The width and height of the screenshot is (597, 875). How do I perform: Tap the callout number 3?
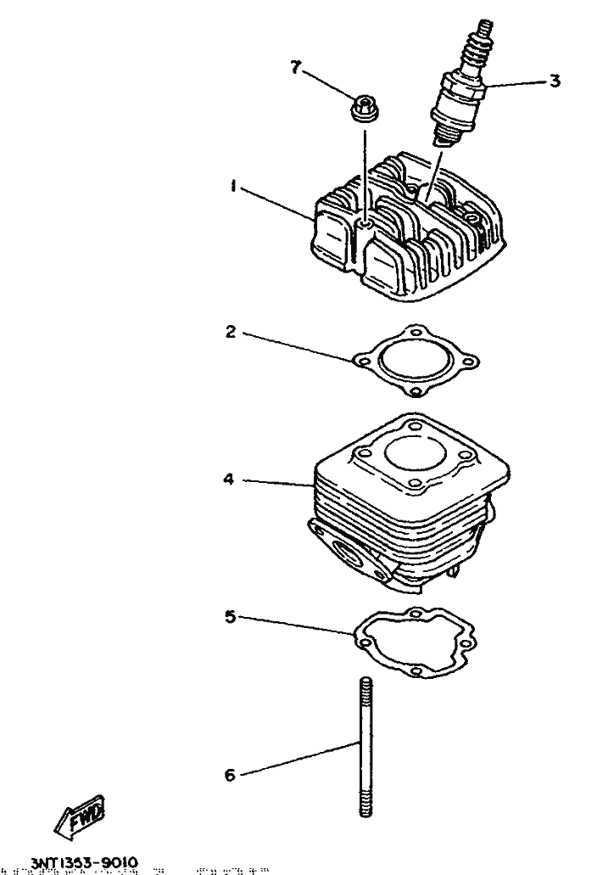pyautogui.click(x=554, y=81)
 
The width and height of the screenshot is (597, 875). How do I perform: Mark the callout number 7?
pyautogui.click(x=296, y=69)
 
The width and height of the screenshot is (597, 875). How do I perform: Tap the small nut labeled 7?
pyautogui.click(x=364, y=109)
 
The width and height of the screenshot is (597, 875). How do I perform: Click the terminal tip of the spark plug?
pyautogui.click(x=486, y=29)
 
